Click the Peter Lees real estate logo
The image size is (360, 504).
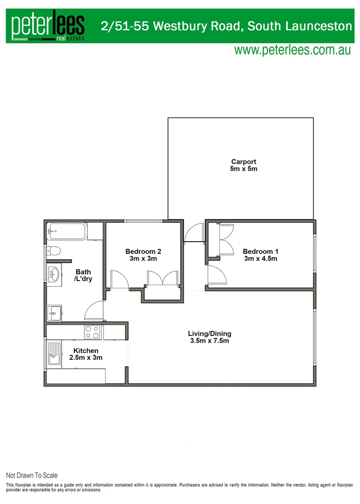point(48,27)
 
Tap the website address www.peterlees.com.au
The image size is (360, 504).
point(292,50)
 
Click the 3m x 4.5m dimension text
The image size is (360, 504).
point(261,259)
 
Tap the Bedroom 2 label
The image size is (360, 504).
point(143,252)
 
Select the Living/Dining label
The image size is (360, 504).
point(210,334)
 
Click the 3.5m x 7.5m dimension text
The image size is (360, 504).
point(210,341)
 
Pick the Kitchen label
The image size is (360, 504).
point(86,350)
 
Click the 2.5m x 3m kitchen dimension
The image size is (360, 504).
point(86,357)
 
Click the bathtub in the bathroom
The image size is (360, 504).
point(67,231)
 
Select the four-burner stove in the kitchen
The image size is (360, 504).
point(92,332)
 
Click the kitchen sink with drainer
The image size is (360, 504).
point(54,354)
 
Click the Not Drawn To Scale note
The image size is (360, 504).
point(32,476)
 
